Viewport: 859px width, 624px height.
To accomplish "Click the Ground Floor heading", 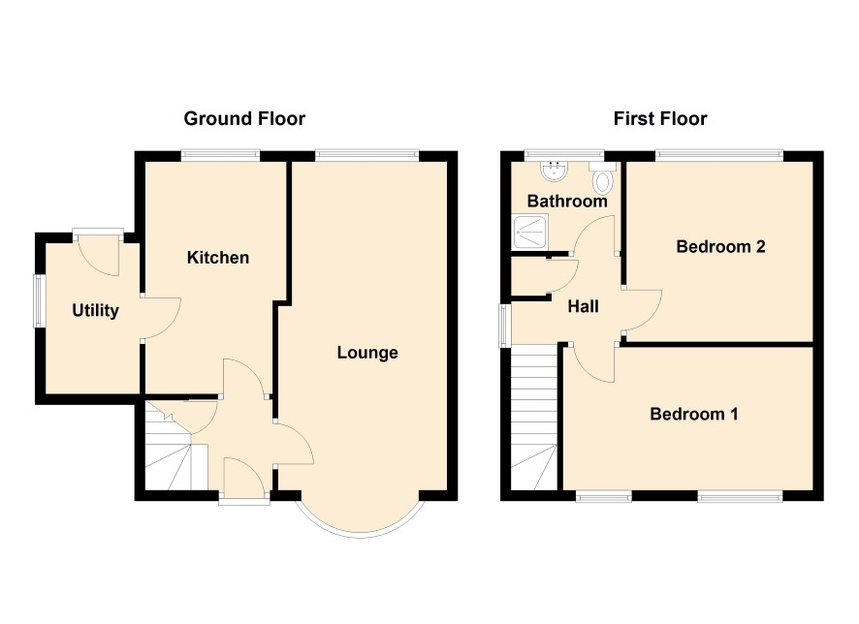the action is tap(244, 119).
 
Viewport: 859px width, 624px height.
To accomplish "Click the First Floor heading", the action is tap(660, 119).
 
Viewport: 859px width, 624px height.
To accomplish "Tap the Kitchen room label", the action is tap(218, 258).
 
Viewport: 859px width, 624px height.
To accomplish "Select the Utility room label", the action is tap(95, 311).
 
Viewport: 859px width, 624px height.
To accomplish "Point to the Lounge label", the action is tap(367, 353).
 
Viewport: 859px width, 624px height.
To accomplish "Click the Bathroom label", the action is tap(567, 201).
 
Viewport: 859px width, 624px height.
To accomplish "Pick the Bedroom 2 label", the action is tap(720, 246).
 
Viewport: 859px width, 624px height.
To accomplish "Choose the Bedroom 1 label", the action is tap(693, 414).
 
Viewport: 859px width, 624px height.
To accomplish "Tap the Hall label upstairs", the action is tap(583, 306).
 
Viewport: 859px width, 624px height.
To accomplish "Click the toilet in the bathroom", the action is tap(603, 177).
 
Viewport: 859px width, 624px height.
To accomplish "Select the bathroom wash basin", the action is tap(555, 171).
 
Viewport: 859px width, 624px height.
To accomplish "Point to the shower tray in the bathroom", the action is tap(530, 233).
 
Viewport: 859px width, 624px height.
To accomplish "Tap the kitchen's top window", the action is tap(220, 155).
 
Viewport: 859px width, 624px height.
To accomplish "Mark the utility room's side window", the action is tap(40, 301).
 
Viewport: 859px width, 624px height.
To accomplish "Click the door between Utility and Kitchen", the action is tap(161, 319).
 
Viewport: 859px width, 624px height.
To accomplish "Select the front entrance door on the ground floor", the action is tap(244, 478).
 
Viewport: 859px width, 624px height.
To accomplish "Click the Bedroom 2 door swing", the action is tap(642, 310).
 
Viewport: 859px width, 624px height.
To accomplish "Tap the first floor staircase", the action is tap(534, 419).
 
